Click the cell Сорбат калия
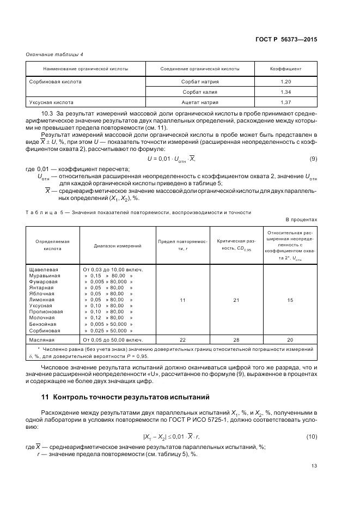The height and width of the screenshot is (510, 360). tap(199, 92)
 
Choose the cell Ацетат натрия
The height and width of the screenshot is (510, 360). tap(199, 102)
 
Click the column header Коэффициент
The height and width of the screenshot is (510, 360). tap(286, 69)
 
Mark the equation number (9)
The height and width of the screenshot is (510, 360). tap(313, 159)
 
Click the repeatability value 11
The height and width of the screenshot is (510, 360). tap(182, 300)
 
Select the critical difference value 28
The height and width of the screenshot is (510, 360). tap(236, 339)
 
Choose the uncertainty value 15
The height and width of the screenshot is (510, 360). tap(290, 300)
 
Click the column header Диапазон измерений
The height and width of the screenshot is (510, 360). tap(118, 246)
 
